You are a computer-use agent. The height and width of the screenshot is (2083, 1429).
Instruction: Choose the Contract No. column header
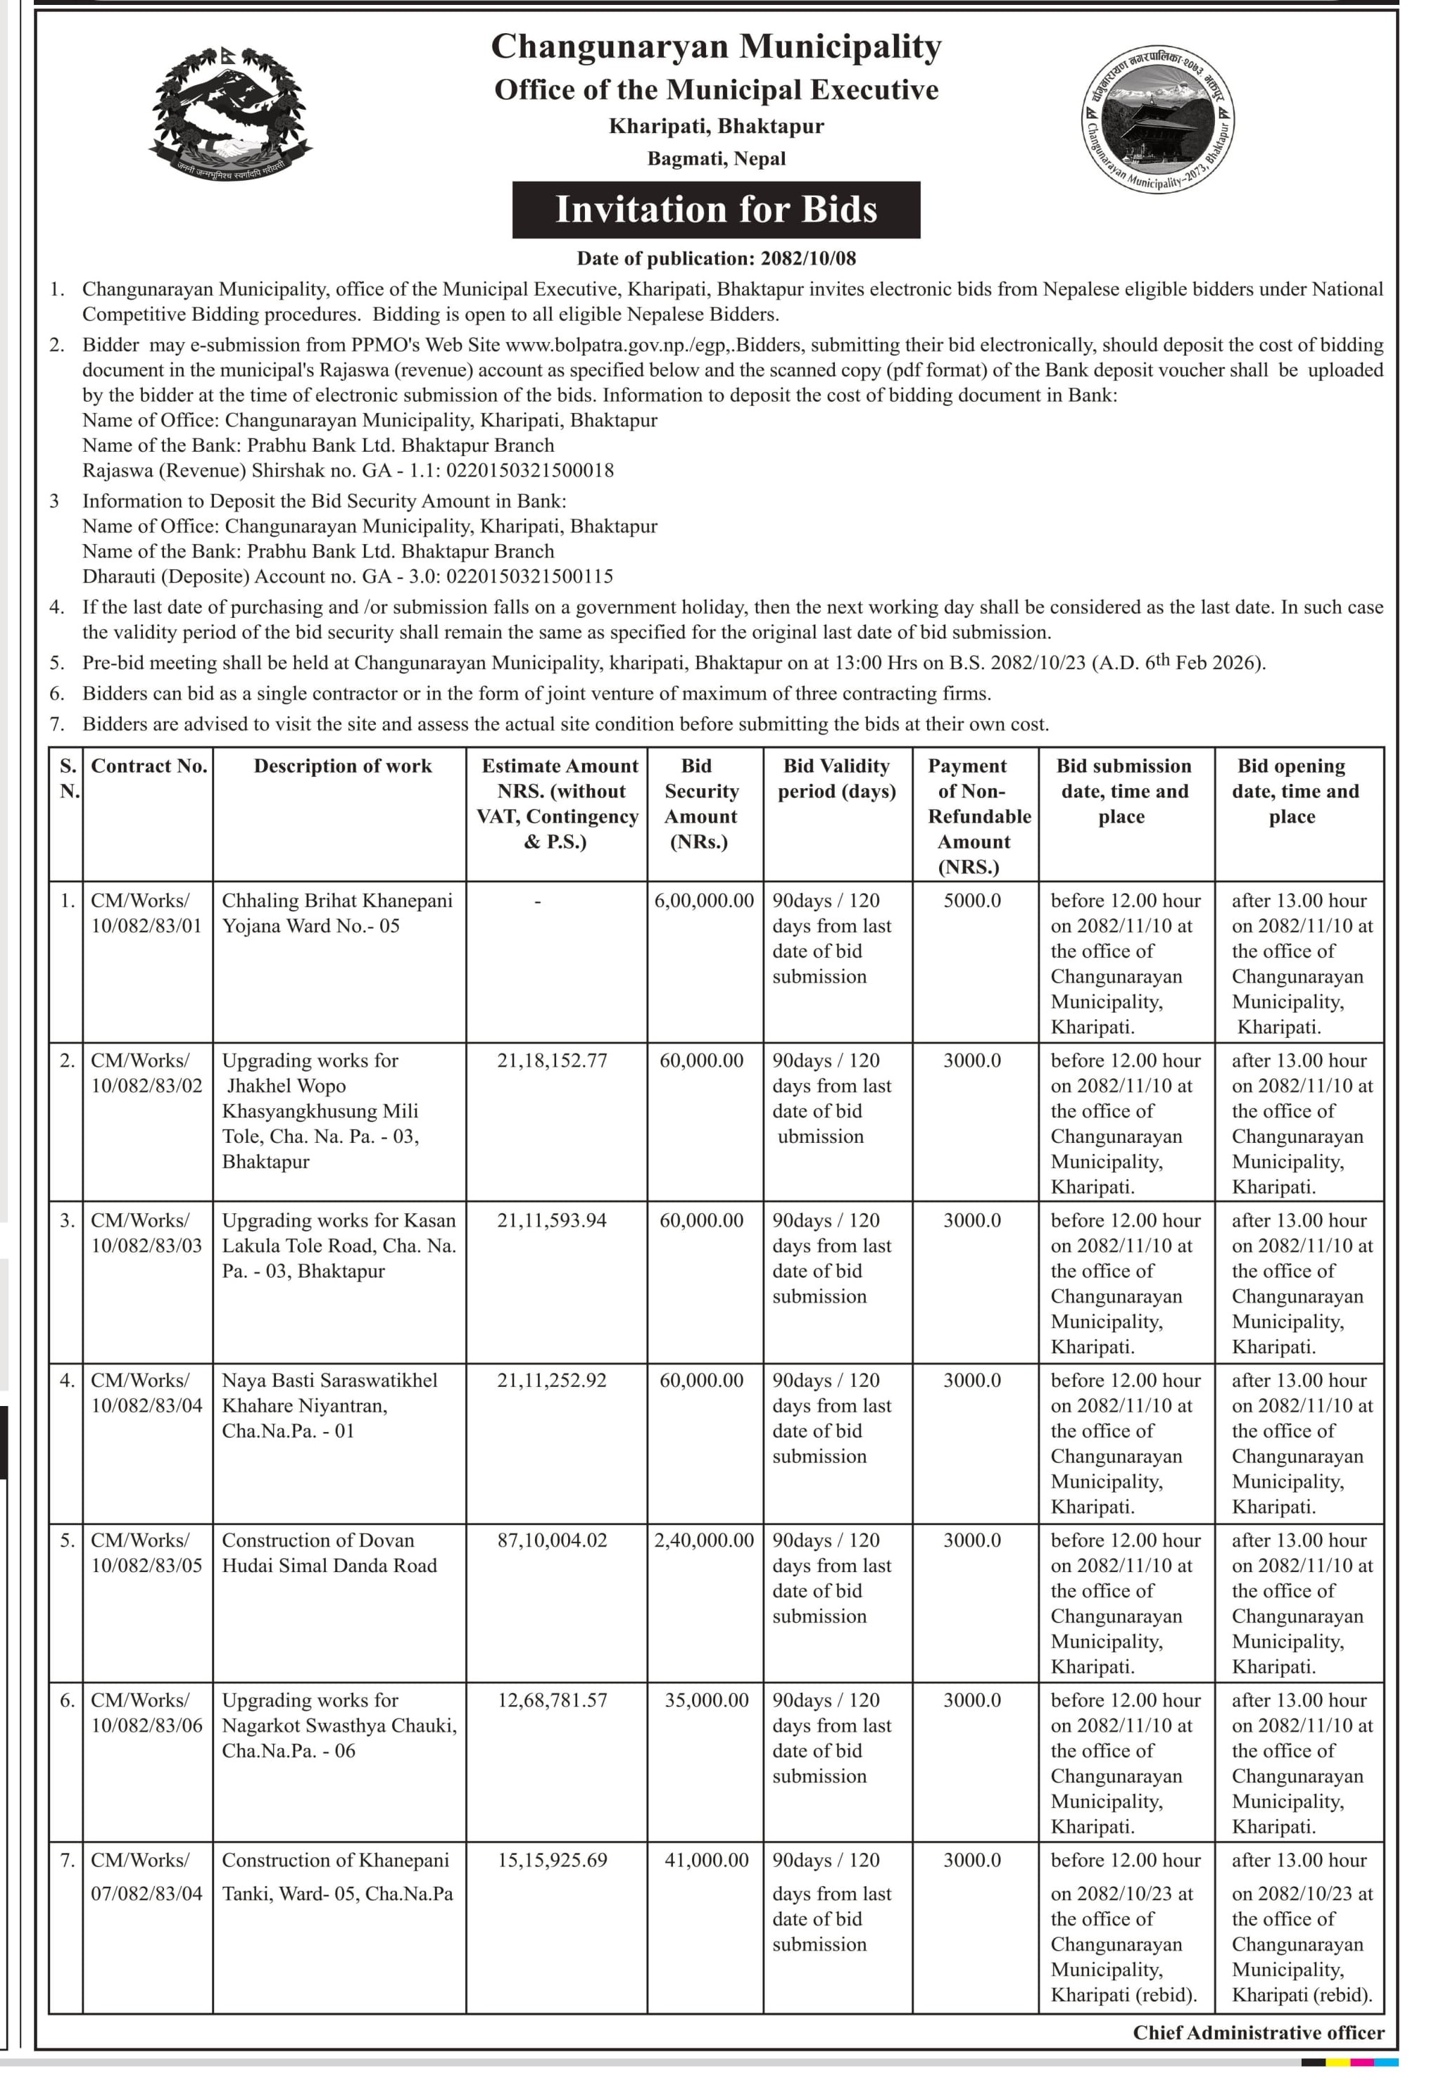click(149, 766)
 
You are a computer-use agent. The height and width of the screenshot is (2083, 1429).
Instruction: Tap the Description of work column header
click(342, 766)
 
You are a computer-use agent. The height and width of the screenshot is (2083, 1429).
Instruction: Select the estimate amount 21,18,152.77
click(552, 1061)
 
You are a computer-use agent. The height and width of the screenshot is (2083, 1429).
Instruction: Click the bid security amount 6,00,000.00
click(704, 901)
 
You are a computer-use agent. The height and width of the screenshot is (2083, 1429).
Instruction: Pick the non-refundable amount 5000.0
click(972, 901)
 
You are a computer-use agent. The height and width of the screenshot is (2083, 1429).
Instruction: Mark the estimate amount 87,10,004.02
click(552, 1540)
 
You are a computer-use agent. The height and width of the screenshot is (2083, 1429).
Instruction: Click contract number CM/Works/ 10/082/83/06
click(147, 1713)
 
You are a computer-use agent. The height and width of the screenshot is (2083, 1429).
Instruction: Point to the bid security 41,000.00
click(707, 1861)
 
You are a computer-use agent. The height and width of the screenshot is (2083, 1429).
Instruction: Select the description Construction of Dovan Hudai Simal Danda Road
click(329, 1553)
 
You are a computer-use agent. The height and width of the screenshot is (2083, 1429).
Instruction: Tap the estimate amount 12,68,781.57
click(552, 1700)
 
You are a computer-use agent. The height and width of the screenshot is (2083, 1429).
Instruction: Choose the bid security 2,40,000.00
click(704, 1540)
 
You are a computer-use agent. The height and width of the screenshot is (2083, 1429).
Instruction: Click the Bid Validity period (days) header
click(836, 779)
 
